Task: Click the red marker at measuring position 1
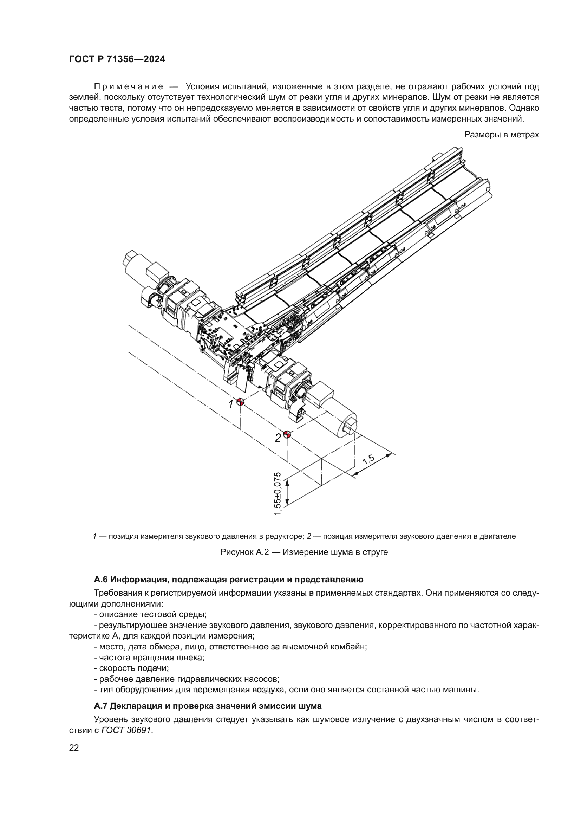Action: click(240, 402)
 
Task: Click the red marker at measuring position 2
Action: click(287, 435)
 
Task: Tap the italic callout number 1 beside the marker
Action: click(231, 404)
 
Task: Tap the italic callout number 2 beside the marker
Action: click(278, 438)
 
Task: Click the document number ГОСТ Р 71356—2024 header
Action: click(117, 59)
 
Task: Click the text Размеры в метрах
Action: click(501, 135)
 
